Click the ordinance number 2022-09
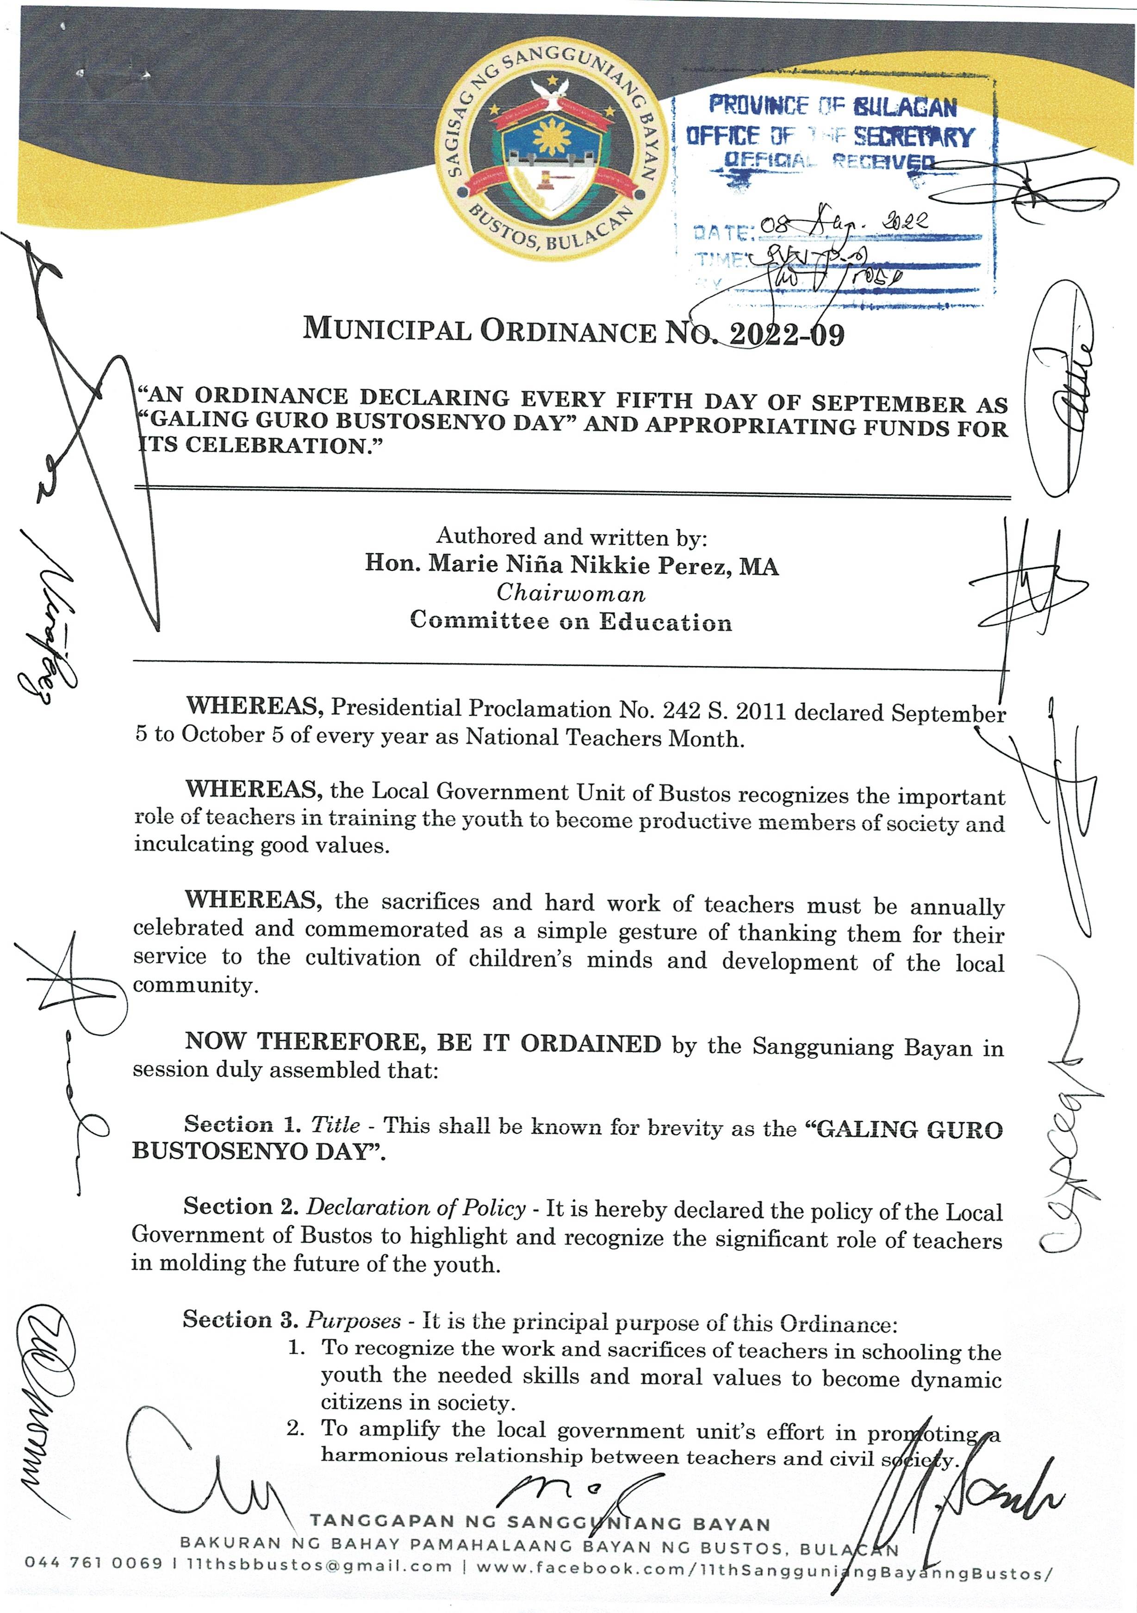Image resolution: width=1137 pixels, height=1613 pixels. coord(787,334)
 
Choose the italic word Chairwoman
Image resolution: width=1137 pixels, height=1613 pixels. coord(571,594)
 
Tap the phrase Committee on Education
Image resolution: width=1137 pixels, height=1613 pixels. coord(571,621)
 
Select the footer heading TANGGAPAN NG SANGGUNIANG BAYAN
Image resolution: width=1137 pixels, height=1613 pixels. coord(540,1524)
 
